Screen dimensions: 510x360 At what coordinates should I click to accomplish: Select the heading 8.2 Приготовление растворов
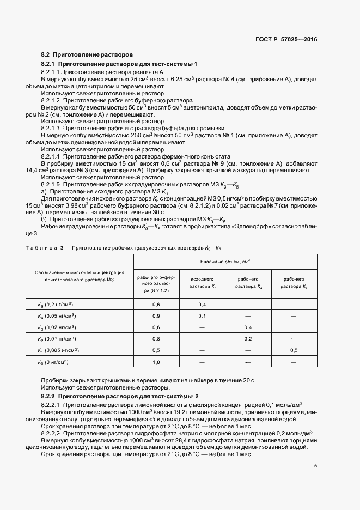pos(87,56)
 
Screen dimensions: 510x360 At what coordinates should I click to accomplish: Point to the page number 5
pos(316,466)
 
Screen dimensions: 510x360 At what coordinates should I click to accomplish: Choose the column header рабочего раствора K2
pos(295,282)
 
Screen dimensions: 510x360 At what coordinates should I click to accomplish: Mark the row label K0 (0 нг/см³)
pos(54,362)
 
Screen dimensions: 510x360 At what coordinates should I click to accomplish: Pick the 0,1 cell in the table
pos(202,316)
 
